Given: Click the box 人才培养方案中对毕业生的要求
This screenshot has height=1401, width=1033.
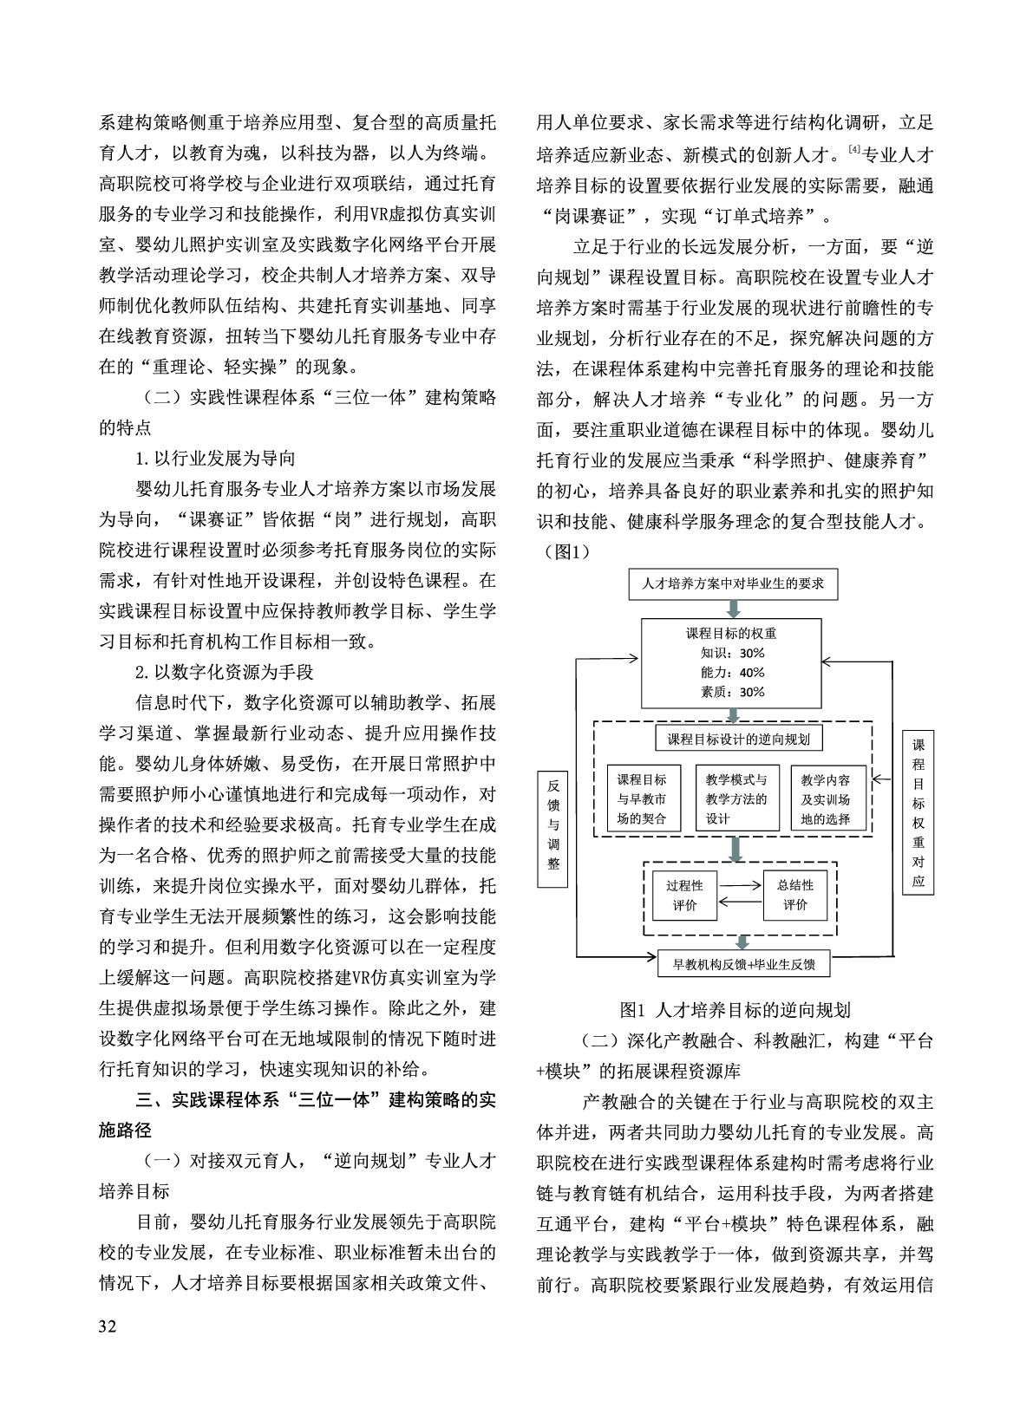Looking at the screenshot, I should [733, 583].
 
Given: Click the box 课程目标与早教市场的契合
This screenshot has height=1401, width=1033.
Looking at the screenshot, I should [642, 798].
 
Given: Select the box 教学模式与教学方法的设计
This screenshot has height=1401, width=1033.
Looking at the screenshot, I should [737, 798].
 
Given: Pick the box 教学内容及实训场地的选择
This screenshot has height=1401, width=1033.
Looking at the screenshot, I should [831, 798].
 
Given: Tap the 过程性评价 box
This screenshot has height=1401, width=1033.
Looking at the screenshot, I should [684, 895].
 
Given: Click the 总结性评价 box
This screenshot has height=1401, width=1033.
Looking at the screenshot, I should [795, 895].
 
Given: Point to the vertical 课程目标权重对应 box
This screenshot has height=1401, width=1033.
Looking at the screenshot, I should [919, 812].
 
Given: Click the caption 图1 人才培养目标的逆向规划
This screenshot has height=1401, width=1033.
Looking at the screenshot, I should [735, 1010].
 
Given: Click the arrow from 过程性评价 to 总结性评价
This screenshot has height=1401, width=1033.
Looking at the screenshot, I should [739, 885].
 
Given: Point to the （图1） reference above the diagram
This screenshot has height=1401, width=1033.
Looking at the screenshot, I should [564, 551].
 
